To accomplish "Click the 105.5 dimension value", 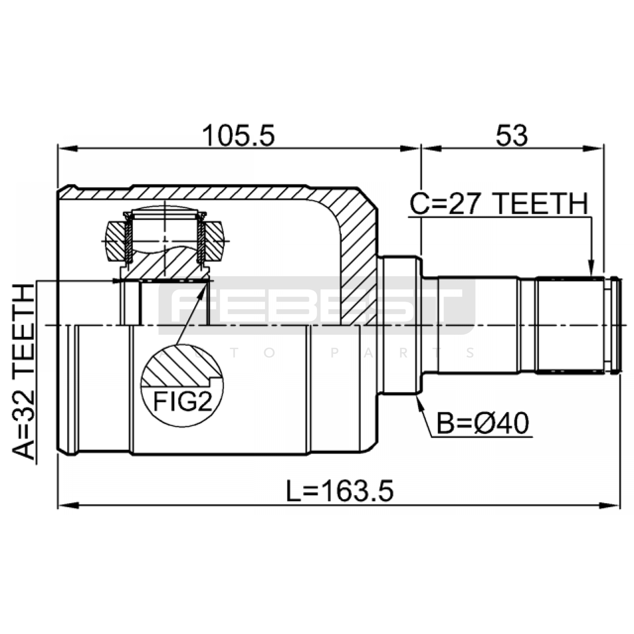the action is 238,136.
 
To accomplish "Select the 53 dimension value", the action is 512,136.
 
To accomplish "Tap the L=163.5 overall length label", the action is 340,491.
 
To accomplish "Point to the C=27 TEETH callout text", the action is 499,204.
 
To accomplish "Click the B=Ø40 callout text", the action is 482,424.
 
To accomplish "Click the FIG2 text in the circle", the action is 183,401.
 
